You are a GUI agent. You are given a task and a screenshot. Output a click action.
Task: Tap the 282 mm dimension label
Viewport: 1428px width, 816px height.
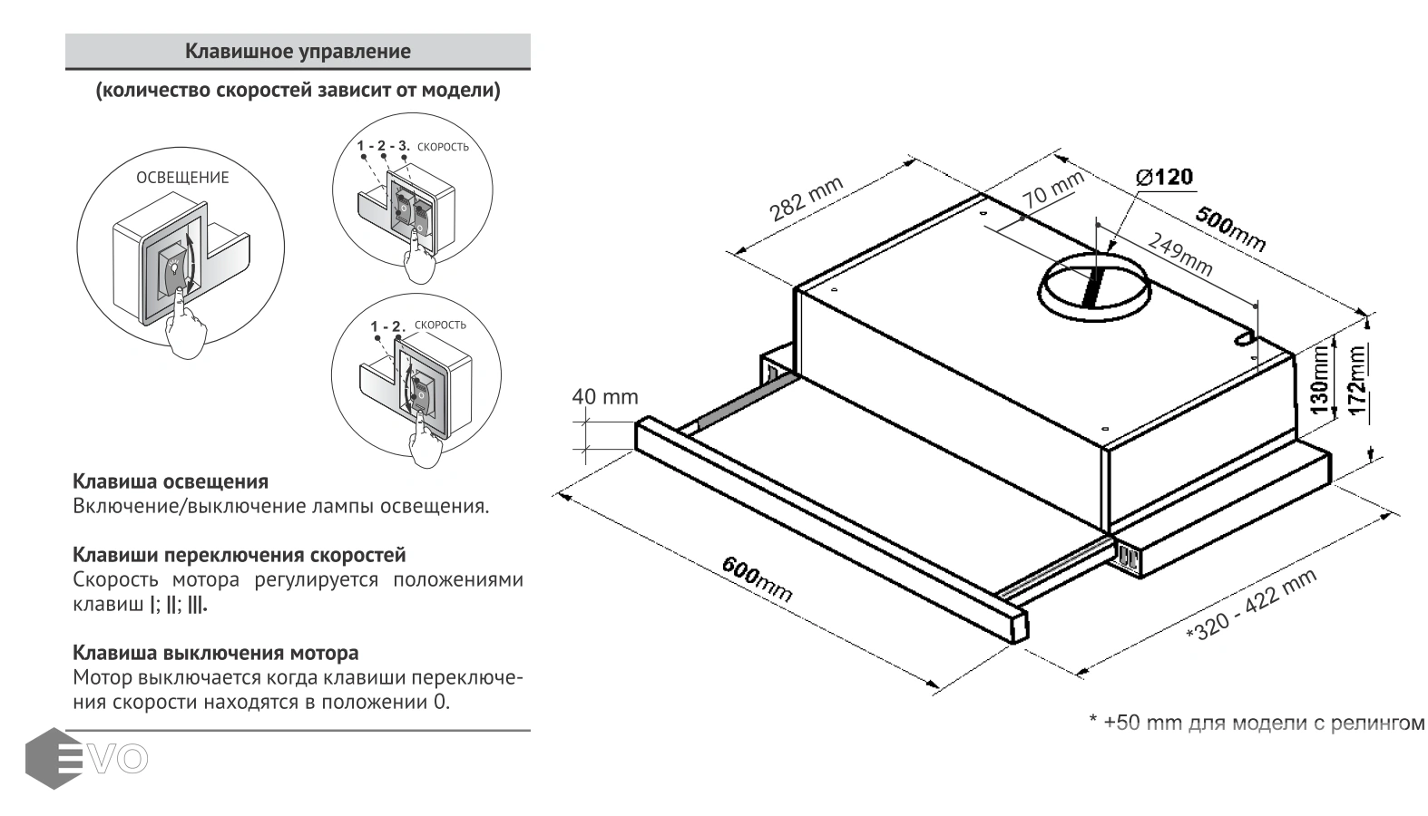coord(806,199)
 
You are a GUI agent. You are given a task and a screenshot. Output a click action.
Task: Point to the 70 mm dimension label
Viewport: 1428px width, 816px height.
coord(1052,188)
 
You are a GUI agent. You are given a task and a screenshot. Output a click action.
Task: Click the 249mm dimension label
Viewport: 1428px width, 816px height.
coord(1179,253)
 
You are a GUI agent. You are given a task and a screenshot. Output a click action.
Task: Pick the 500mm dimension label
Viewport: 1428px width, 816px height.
coord(1229,229)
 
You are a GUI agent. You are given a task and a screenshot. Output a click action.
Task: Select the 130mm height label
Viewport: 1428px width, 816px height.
coord(1319,378)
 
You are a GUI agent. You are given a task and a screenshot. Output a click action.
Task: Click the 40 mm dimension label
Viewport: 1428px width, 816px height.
coord(604,397)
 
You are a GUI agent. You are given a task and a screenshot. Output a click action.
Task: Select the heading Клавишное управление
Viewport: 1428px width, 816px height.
coord(298,52)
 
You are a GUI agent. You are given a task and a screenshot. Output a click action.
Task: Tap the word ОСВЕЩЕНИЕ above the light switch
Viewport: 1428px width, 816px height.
coord(182,178)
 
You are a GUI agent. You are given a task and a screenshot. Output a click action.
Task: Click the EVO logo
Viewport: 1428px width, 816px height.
coord(86,758)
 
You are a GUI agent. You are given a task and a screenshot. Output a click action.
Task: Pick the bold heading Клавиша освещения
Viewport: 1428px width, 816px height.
coord(171,481)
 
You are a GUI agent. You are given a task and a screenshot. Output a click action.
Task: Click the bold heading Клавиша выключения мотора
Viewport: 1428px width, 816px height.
coord(215,653)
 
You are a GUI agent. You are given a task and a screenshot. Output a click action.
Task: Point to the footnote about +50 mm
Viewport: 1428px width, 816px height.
coord(1256,723)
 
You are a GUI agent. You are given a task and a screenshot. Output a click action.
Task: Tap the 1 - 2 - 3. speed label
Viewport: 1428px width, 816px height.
coord(383,146)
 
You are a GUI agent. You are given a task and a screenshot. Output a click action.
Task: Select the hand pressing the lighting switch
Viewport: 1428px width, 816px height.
coord(188,327)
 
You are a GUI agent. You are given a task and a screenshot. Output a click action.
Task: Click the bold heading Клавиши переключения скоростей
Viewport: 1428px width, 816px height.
coord(239,555)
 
